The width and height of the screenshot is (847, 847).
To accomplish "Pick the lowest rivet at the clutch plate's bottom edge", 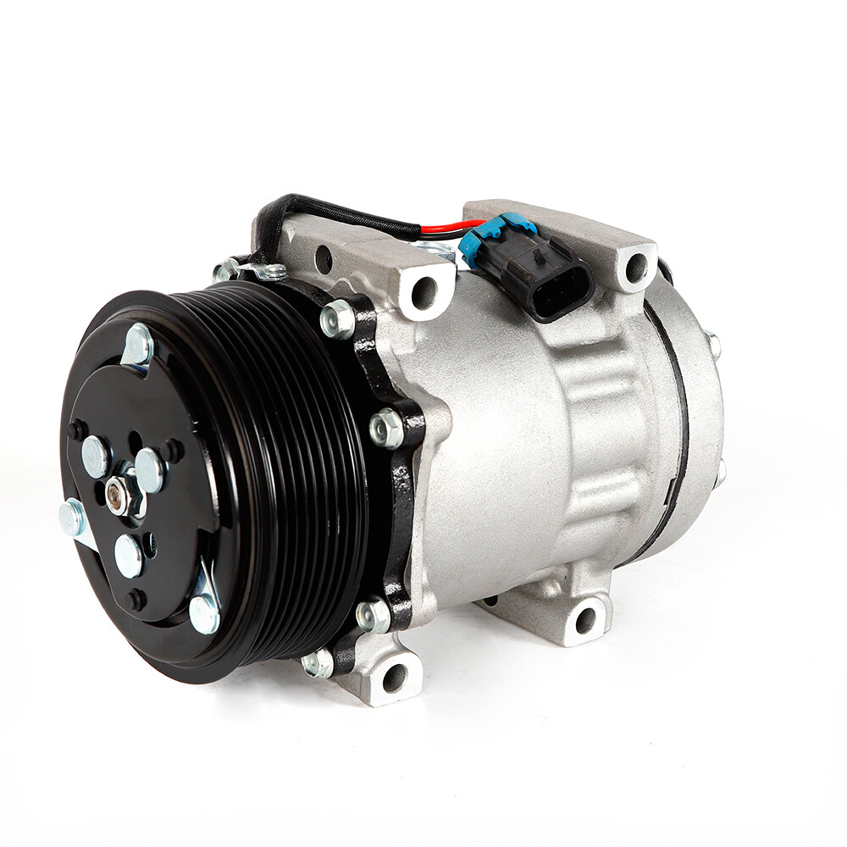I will pos(204,613).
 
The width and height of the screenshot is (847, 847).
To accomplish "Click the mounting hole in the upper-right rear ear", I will pos(635,268).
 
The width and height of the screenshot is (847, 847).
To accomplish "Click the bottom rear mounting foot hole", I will pos(586,620).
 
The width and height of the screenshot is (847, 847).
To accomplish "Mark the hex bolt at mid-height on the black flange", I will pos(387,429).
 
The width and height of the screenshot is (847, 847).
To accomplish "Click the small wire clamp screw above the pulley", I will pos(274,273).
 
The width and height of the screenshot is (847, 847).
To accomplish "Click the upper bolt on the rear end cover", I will pos(713,343).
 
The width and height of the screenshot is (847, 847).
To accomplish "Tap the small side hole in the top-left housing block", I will pos(322,259).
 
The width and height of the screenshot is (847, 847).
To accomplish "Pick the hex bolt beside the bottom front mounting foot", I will pos(318,662).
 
